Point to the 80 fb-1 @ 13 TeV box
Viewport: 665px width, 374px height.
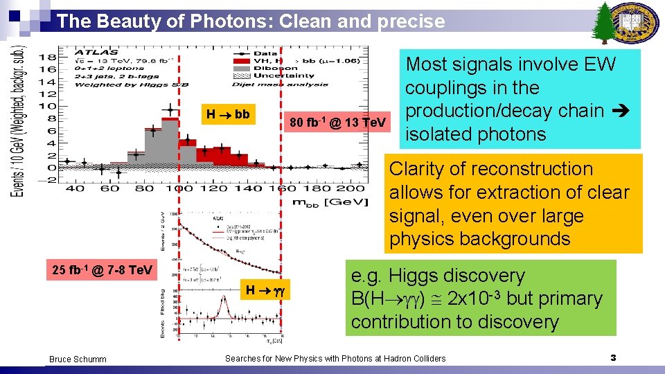pyautogui.click(x=337, y=123)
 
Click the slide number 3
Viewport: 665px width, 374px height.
pyautogui.click(x=613, y=357)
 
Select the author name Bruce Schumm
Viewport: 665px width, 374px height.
pyautogui.click(x=78, y=359)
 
